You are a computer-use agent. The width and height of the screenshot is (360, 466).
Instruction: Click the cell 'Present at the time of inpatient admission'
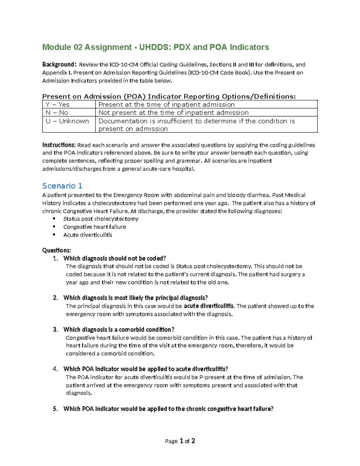point(166,104)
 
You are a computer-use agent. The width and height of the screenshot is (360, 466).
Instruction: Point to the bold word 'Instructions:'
point(59,145)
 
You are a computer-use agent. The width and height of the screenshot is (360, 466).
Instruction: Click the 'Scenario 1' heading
point(62,186)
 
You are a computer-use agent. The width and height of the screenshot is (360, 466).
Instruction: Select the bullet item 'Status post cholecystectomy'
point(101,219)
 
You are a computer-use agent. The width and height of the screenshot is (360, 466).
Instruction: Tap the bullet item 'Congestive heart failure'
point(94,227)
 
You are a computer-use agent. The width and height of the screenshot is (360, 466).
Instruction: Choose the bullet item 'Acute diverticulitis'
point(88,235)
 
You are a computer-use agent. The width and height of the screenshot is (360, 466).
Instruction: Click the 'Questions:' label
point(57,250)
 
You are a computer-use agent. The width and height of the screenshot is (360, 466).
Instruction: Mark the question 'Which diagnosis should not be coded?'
point(115,258)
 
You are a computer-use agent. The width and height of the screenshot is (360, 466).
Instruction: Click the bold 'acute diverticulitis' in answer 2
point(209,306)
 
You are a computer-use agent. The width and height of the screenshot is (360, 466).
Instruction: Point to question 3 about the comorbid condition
point(119,329)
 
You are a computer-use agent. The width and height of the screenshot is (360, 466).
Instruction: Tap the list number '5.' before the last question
point(55,409)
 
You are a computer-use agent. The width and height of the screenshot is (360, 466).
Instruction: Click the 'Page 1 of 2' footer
point(180,441)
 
